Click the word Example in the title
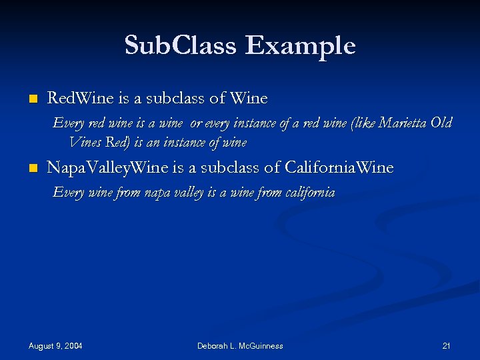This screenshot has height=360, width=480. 300,46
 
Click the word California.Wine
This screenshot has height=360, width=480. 339,167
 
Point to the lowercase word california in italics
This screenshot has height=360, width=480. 309,193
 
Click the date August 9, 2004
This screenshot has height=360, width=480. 55,346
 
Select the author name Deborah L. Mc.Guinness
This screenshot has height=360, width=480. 240,346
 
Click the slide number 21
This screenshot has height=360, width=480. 447,346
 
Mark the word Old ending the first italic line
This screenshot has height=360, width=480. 441,123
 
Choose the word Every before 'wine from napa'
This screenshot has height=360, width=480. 68,193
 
